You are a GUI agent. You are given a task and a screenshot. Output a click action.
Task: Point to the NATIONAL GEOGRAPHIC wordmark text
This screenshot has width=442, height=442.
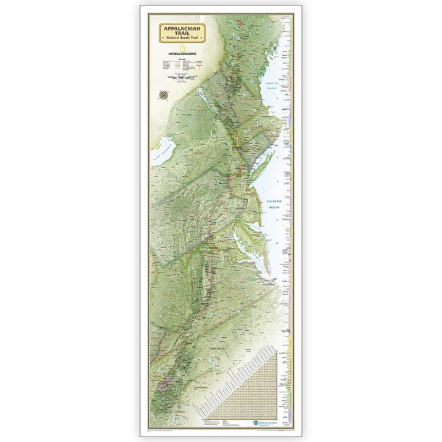tap(182, 54)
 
